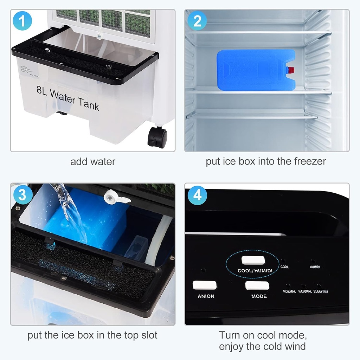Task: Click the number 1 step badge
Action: tap(22, 21)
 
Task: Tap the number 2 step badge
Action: tap(197, 21)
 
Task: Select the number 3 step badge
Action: tap(22, 194)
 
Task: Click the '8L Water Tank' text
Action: tap(67, 99)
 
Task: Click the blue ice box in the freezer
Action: tap(255, 70)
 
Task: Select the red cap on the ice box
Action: tap(290, 70)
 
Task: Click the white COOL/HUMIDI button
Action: tap(253, 261)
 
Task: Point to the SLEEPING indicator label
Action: tap(320, 291)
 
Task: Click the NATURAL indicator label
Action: tap(305, 291)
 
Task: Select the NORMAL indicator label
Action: tap(289, 291)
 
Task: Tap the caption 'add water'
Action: tap(93, 162)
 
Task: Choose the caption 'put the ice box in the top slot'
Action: tap(92, 335)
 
